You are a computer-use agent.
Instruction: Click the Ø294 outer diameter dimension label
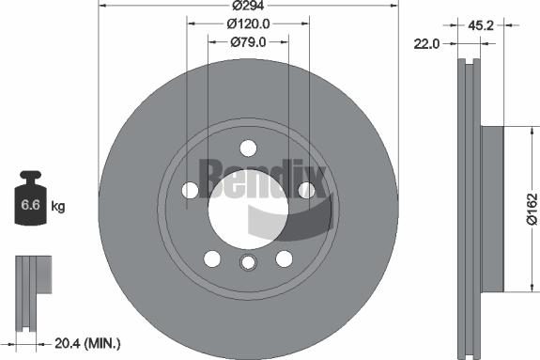pyautogui.click(x=248, y=6)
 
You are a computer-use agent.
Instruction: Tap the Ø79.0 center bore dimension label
pyautogui.click(x=248, y=41)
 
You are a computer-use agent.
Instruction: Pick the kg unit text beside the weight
pyautogui.click(x=57, y=205)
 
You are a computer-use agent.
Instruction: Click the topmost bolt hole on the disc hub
pyautogui.click(x=248, y=148)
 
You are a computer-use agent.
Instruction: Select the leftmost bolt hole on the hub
pyautogui.click(x=190, y=190)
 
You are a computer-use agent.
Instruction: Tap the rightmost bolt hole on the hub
pyautogui.click(x=306, y=190)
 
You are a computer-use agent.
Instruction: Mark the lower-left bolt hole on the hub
pyautogui.click(x=212, y=258)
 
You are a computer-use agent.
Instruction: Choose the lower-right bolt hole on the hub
pyautogui.click(x=284, y=258)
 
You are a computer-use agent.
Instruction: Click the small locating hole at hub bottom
pyautogui.click(x=248, y=263)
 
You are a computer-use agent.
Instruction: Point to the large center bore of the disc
pyautogui.click(x=248, y=208)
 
